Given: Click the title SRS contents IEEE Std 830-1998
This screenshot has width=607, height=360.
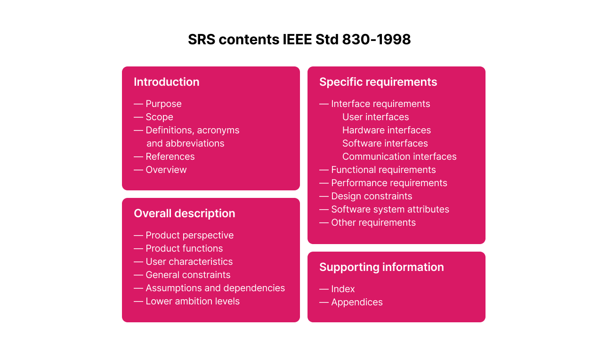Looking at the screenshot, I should (x=299, y=40).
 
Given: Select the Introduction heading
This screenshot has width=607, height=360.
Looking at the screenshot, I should (x=166, y=82).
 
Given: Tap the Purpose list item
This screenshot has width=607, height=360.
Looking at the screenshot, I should (x=163, y=104).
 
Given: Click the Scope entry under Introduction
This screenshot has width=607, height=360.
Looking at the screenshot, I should (x=159, y=117).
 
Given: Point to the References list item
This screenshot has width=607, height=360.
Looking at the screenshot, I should (x=170, y=156).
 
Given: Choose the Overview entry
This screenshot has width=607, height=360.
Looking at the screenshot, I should (x=166, y=170).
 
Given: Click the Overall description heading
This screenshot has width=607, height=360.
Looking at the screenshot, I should (x=184, y=213).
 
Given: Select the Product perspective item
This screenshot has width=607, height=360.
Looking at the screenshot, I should (x=189, y=235).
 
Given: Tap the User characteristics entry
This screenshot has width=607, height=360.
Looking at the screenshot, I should (x=189, y=262).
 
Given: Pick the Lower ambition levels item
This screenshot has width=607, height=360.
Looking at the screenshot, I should (x=192, y=301).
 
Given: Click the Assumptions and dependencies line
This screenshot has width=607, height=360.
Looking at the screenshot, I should (x=215, y=288).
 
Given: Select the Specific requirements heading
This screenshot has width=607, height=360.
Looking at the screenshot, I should (x=378, y=82).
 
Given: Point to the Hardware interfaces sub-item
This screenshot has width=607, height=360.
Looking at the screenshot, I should (x=386, y=130).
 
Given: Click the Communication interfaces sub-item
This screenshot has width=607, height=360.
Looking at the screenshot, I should (x=399, y=156).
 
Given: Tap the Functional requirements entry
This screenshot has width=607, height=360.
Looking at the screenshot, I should (x=383, y=170).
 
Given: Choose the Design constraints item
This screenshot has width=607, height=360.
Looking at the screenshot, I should (x=371, y=196).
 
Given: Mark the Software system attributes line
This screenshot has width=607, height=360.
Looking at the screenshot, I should (x=390, y=209).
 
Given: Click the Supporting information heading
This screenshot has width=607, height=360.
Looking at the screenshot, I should (x=381, y=267).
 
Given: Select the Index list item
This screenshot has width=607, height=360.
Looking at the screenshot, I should (x=343, y=289).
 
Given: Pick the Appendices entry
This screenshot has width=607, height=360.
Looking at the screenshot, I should (x=356, y=302).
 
